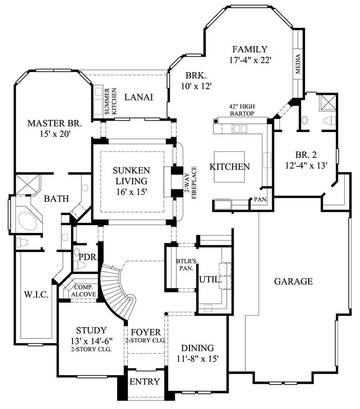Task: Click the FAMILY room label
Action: point(250,50)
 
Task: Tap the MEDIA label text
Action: point(297,64)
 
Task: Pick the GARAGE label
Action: point(293,282)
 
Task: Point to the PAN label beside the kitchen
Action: point(260,199)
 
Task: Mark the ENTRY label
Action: point(144,382)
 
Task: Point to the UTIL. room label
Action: point(210,279)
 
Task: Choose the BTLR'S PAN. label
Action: point(184,264)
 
